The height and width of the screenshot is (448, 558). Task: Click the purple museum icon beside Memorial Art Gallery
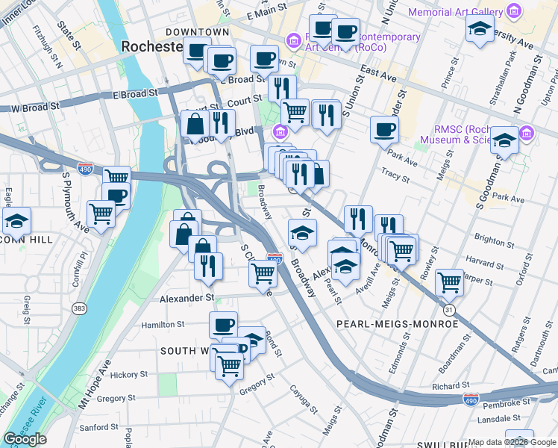pos(512,11)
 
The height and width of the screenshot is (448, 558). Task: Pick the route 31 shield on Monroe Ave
pos(448,309)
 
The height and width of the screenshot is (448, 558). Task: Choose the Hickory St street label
pos(129,374)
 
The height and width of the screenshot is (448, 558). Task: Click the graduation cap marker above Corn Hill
pos(16,221)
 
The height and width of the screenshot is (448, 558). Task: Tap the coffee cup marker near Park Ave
pos(384,129)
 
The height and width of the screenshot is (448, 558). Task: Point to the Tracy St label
pos(395,175)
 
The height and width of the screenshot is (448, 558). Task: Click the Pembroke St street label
pos(504,404)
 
